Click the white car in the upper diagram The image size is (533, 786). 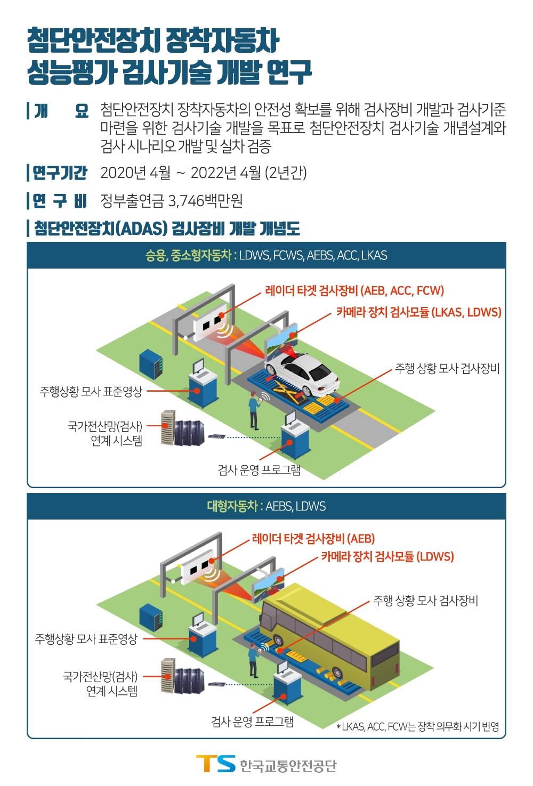[302, 372]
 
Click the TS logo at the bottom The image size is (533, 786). [216, 764]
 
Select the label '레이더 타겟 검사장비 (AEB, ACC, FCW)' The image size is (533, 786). [354, 290]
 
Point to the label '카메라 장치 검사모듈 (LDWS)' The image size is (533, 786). [387, 557]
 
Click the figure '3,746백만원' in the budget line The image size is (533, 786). [205, 200]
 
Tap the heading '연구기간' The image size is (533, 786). [60, 173]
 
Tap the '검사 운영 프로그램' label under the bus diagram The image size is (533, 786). [252, 722]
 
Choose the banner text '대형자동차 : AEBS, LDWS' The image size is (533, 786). [266, 506]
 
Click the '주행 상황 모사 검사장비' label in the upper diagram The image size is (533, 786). [447, 368]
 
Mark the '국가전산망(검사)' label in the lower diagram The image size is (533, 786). [100, 677]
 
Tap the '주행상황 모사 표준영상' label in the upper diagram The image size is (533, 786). [91, 392]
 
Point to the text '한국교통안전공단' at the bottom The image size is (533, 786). [288, 766]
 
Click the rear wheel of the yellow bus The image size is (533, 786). [337, 672]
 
